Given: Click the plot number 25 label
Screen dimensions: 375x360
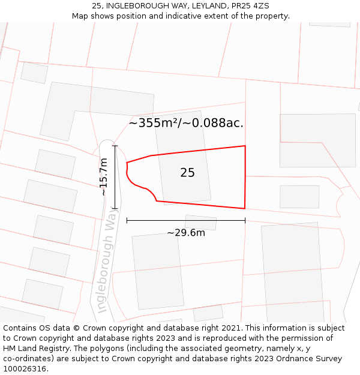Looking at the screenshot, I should click(187, 173).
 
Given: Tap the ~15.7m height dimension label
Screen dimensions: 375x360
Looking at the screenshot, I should click(103, 176).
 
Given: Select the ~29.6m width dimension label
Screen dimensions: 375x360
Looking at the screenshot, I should click(186, 233).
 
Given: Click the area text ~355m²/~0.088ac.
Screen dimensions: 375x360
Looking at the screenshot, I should click(186, 123).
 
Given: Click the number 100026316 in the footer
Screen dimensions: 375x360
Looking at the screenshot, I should click(25, 369).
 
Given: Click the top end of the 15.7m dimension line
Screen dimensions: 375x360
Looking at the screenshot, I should click(114, 145).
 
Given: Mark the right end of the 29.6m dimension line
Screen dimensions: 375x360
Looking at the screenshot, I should click(245, 221).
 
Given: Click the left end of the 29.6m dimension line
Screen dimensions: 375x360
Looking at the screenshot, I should click(127, 221).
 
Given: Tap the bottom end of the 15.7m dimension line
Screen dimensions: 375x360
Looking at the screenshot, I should click(114, 208).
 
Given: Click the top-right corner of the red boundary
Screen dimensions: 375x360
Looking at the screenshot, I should click(245, 146).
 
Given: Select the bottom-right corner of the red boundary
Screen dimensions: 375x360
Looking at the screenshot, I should click(245, 208).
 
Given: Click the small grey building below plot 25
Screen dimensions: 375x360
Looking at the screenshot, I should click(200, 223).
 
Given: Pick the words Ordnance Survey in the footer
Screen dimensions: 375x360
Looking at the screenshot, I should click(308, 359).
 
